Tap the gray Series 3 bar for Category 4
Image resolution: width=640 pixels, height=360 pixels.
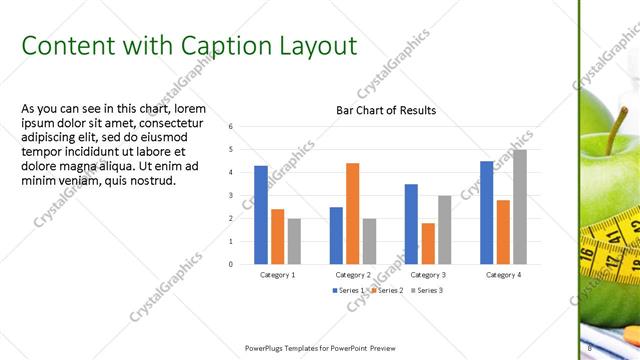coord(519,207)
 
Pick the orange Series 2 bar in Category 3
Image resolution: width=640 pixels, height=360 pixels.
coord(428,243)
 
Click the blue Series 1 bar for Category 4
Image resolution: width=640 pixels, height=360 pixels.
coord(487,212)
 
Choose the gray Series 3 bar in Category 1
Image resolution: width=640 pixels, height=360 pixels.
coord(294,241)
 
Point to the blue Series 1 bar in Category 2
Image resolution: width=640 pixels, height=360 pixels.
coord(336,235)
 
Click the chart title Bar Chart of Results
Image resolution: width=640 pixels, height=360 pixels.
coord(385,110)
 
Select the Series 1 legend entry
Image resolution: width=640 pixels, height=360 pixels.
coord(349,289)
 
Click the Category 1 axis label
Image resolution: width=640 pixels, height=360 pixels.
coord(278,274)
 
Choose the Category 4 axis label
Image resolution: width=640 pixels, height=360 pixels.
coord(503,274)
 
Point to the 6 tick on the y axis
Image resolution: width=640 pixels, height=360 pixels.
coord(231,127)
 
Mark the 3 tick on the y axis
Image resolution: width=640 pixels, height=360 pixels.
coord(231,196)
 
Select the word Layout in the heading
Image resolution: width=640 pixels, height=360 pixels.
coord(314,46)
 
